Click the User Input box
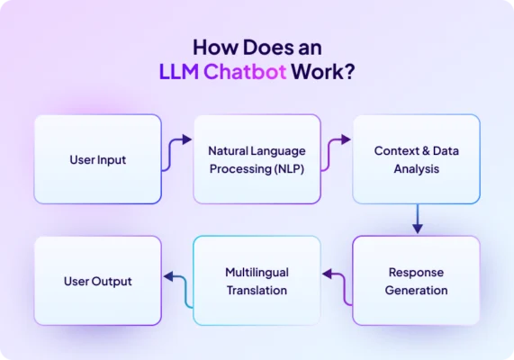97,159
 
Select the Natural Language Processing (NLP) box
257,159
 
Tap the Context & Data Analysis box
416,159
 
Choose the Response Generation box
416,281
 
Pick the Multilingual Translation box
257,281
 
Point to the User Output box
97,281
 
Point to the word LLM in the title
176,72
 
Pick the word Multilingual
257,272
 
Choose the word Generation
417,290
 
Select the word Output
113,281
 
